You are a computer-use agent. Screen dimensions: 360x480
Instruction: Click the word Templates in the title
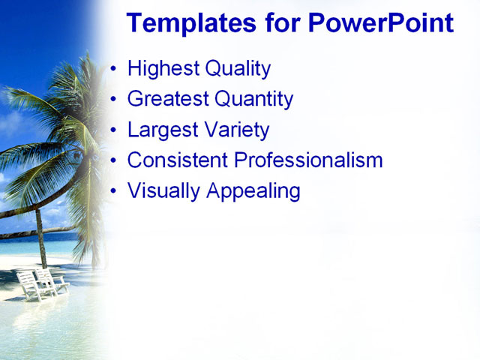click(x=190, y=23)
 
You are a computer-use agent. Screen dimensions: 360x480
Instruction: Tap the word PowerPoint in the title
click(x=380, y=23)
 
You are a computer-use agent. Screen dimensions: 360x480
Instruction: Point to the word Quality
click(x=234, y=70)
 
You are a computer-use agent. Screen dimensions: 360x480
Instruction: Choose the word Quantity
click(x=253, y=99)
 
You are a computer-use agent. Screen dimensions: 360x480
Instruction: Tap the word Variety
click(x=235, y=130)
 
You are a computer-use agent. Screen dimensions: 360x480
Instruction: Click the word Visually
click(x=163, y=190)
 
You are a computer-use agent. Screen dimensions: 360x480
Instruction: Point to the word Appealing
click(x=253, y=191)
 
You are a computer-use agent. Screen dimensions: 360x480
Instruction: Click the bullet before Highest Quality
click(x=113, y=70)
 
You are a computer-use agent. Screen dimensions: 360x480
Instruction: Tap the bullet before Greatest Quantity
click(x=113, y=100)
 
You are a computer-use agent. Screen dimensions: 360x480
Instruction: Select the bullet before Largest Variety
click(x=113, y=130)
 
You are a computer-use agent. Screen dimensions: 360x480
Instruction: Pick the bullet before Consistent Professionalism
click(x=113, y=160)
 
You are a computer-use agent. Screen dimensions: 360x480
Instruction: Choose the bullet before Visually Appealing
click(x=113, y=190)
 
